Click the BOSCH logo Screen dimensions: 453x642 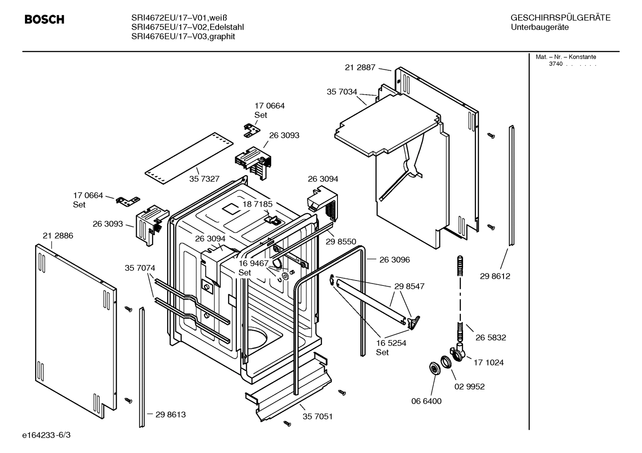44,20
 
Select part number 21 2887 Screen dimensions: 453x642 360,68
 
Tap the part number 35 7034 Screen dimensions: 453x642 341,92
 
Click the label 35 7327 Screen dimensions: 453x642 204,179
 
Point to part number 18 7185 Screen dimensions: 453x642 257,204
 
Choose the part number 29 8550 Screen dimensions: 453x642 341,242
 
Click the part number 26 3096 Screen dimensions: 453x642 394,260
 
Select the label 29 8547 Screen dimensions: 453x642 409,286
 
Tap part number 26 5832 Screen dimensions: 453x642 491,337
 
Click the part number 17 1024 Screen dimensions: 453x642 488,362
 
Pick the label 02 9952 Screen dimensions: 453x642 469,386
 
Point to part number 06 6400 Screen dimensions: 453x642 426,401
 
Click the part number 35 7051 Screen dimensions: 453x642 317,417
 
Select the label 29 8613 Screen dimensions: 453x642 171,414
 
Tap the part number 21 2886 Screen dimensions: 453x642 58,236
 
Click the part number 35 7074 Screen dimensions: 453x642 140,268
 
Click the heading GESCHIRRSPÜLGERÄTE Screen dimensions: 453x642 560,18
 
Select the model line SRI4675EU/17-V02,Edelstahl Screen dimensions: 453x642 187,27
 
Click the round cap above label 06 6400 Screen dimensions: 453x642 432,368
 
